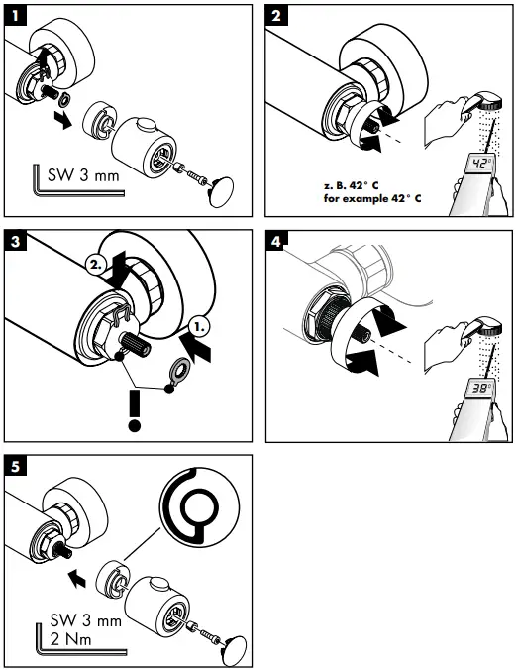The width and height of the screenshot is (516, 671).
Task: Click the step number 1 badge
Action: click(x=16, y=16)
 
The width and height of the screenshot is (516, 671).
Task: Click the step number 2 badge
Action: click(x=276, y=16)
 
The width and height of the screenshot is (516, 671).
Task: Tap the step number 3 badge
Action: click(x=16, y=242)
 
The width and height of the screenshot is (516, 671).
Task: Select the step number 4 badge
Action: click(x=276, y=242)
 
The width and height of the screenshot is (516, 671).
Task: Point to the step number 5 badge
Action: click(x=16, y=466)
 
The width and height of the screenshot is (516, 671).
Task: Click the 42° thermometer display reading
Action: click(x=481, y=164)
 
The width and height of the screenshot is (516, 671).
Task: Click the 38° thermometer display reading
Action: click(x=481, y=389)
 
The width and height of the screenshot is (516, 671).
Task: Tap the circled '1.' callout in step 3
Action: click(x=199, y=327)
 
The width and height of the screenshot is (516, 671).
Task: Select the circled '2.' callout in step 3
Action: click(x=96, y=265)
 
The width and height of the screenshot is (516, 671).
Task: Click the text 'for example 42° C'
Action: click(x=372, y=199)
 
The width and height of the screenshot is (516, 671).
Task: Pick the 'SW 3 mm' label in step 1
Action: click(x=84, y=175)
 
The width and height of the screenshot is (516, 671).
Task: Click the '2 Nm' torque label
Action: click(x=70, y=639)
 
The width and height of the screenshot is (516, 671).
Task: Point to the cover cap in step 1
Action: click(x=221, y=191)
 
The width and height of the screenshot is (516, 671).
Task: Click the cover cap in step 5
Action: click(x=234, y=651)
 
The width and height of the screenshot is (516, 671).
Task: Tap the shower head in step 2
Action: click(x=486, y=102)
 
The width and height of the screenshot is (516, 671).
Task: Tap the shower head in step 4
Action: click(x=486, y=326)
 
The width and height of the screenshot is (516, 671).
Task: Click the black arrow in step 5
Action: click(x=77, y=578)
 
